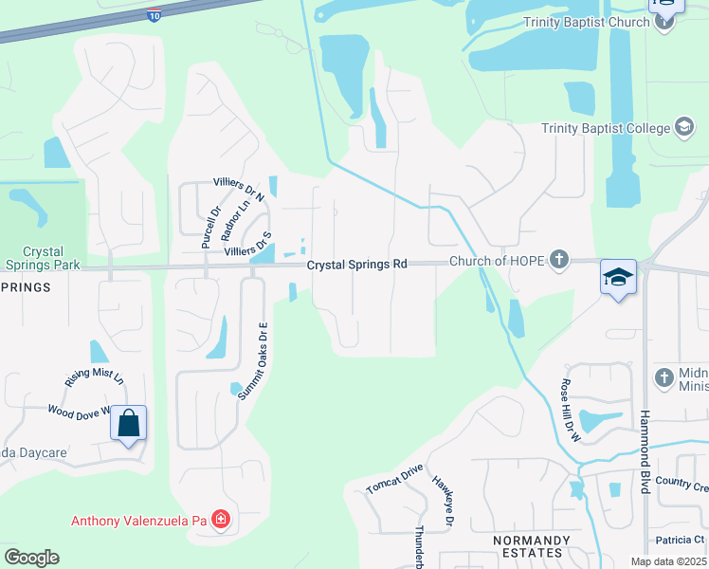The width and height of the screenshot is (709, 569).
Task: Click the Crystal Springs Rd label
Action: point(356,265)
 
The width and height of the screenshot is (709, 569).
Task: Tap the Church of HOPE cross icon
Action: point(560,259)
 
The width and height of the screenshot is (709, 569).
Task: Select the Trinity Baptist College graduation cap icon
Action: point(682,128)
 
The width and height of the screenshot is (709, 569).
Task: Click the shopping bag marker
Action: point(129,423)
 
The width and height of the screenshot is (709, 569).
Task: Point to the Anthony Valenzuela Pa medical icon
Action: point(220,520)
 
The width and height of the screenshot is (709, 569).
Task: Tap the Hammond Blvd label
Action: point(645,451)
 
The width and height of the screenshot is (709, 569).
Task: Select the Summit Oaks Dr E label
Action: point(253,361)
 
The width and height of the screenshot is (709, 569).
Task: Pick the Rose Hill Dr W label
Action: point(569,404)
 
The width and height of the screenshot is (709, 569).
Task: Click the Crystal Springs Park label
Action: point(42,258)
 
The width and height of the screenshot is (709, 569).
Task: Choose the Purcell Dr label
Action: point(209,228)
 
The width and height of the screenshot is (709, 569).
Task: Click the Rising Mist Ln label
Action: point(95,376)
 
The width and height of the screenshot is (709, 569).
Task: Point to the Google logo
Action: point(31,558)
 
